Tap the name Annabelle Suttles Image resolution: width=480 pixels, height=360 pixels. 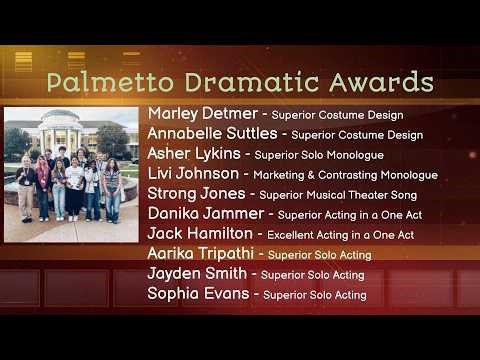click(212, 134)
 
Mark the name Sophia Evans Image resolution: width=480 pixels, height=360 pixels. click(195, 294)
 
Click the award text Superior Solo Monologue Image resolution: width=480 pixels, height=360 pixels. click(319, 155)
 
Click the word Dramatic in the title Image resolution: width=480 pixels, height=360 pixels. click(245, 82)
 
